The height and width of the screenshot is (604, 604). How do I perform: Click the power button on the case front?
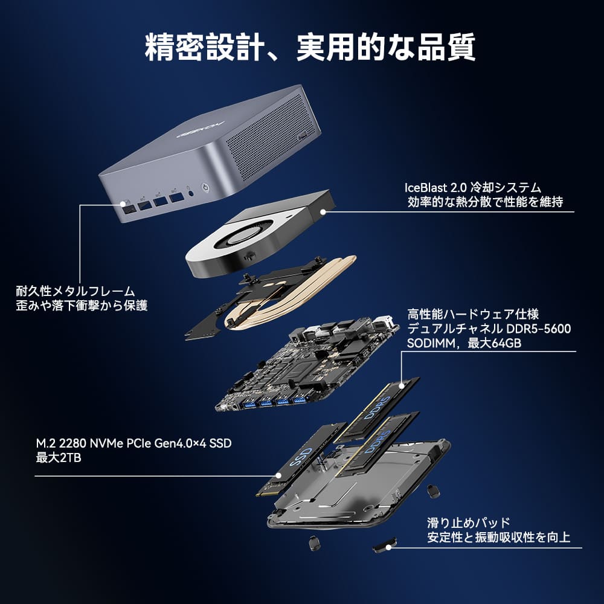[206, 188]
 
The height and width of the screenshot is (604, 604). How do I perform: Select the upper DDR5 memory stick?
[377, 409]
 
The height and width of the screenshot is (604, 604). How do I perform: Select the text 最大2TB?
[59, 458]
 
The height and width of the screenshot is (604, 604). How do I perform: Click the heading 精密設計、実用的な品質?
[310, 47]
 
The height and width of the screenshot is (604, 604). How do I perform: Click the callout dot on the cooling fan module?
[323, 211]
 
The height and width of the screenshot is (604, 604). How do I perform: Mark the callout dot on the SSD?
[278, 476]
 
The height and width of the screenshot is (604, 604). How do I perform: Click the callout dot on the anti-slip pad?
[388, 547]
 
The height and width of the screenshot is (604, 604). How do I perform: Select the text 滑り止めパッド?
[469, 522]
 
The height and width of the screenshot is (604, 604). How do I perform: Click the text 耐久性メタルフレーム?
[75, 291]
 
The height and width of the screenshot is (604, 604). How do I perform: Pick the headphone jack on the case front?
[190, 191]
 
